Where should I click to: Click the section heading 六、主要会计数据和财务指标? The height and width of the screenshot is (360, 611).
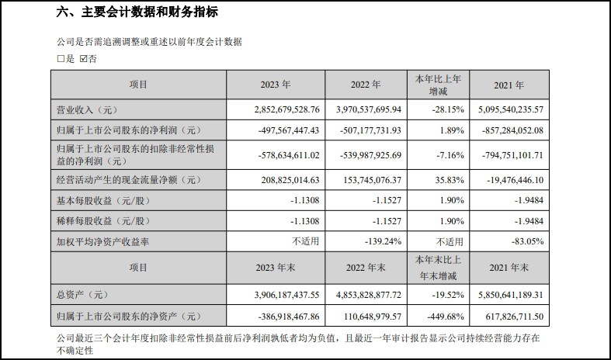point(137,12)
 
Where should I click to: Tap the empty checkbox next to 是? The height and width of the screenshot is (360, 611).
point(61,58)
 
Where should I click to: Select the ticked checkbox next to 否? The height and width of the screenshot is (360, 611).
point(83,58)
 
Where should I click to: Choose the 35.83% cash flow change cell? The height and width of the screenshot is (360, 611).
point(439,181)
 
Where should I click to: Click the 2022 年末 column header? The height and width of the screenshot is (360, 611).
point(365,268)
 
